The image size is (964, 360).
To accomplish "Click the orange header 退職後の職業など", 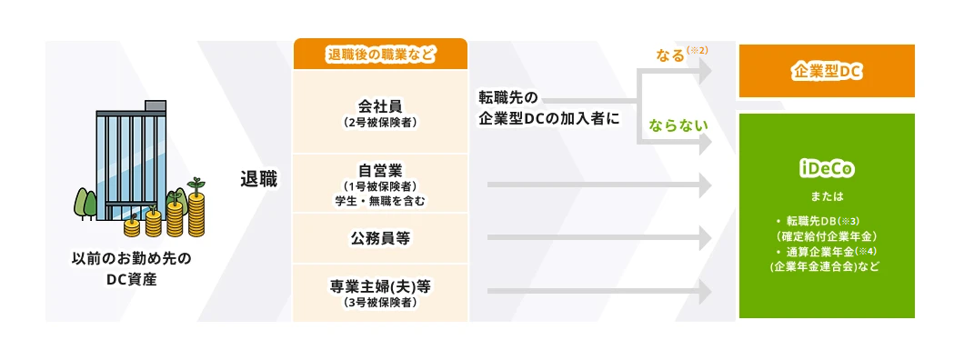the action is pyautogui.click(x=380, y=55).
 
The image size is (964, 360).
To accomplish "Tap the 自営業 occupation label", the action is pyautogui.click(x=380, y=169).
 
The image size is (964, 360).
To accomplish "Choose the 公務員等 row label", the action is pyautogui.click(x=380, y=239).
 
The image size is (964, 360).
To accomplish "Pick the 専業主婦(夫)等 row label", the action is pyautogui.click(x=380, y=286).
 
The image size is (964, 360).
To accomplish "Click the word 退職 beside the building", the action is pyautogui.click(x=259, y=178).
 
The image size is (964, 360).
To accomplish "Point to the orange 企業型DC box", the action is pyautogui.click(x=826, y=70).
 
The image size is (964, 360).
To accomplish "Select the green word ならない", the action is pyautogui.click(x=677, y=125).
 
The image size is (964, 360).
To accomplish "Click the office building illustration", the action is pyautogui.click(x=133, y=159).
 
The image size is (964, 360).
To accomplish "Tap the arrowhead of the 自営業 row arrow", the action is pyautogui.click(x=705, y=185).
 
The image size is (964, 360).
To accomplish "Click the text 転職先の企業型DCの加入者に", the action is pyautogui.click(x=542, y=107).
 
